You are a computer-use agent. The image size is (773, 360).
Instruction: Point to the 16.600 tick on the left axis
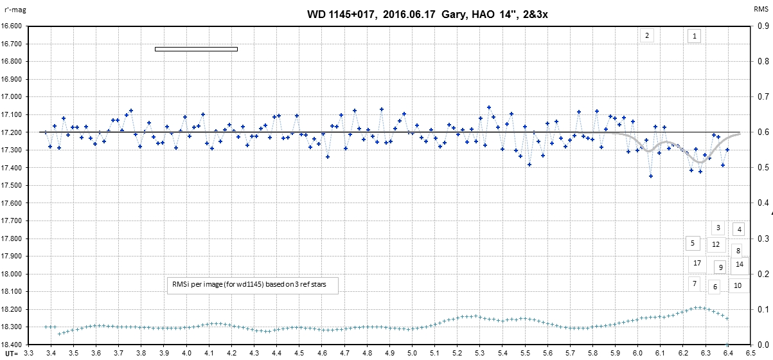[x=12, y=26]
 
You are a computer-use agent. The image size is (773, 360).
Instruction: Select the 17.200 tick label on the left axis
[x=12, y=132]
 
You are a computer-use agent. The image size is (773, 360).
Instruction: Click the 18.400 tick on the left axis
[x=12, y=345]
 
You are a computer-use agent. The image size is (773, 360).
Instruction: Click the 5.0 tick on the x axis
[x=412, y=353]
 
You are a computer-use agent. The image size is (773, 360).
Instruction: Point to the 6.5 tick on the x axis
[x=749, y=353]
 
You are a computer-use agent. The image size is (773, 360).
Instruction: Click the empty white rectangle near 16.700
[x=196, y=49]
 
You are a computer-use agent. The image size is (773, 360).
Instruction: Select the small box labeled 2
[x=646, y=35]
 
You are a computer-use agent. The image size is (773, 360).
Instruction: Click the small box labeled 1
[x=694, y=36]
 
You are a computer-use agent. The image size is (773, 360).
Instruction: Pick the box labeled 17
[x=697, y=263]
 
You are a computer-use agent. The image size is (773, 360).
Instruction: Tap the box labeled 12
[x=716, y=244]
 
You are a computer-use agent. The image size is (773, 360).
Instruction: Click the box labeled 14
[x=740, y=264]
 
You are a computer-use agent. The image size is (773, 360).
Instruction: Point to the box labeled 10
[x=738, y=285]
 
